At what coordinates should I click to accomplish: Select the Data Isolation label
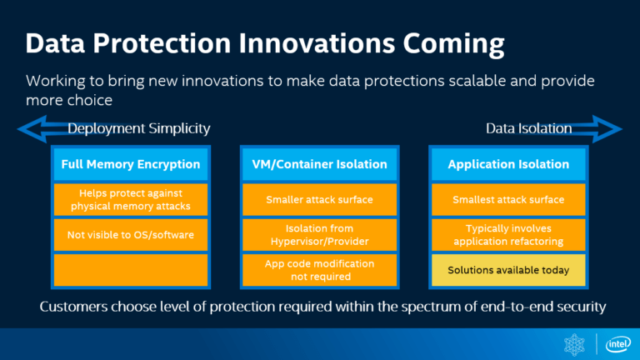click(x=528, y=128)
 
